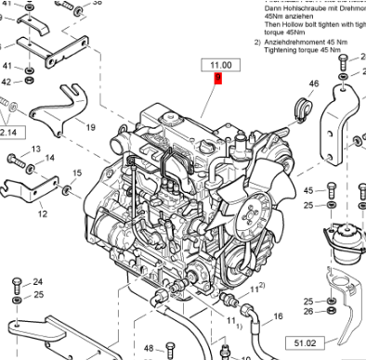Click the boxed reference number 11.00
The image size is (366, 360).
click(221, 65)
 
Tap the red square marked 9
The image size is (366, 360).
click(217, 80)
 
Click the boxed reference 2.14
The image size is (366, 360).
click(9, 133)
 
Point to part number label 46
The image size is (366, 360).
click(313, 84)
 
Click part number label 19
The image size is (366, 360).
click(91, 126)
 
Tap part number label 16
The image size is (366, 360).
click(277, 317)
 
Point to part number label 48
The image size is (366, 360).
click(148, 349)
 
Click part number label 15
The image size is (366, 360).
click(76, 174)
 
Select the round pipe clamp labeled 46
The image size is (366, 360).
click(300, 107)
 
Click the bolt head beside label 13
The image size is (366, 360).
click(16, 159)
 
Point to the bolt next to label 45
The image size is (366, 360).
click(332, 190)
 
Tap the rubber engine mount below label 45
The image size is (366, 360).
click(341, 242)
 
